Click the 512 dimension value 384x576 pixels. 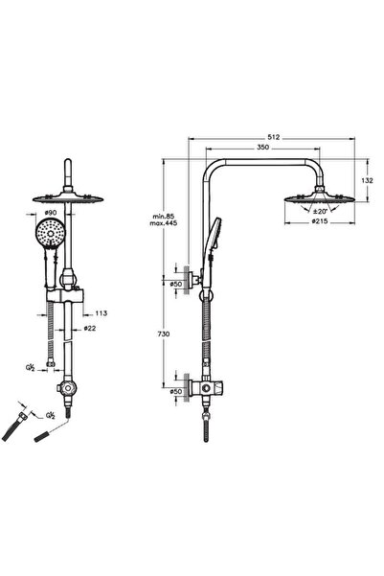point(274,137)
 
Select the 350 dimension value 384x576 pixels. point(262,148)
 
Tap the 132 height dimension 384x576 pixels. point(367,180)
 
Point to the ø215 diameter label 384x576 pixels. point(320,221)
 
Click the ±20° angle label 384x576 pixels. point(320,211)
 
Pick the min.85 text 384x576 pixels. point(164,216)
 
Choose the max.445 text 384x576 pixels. point(164,223)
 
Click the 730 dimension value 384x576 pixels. point(164,334)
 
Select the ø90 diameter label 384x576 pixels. point(50,213)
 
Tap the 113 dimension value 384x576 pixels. point(102,313)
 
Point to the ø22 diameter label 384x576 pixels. point(90,328)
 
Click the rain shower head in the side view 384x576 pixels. point(320,198)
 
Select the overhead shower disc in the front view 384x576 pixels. point(68,198)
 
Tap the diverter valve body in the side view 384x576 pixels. point(207,387)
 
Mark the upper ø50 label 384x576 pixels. point(176,284)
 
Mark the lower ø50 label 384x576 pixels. point(176,392)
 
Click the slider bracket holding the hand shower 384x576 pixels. point(65,294)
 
